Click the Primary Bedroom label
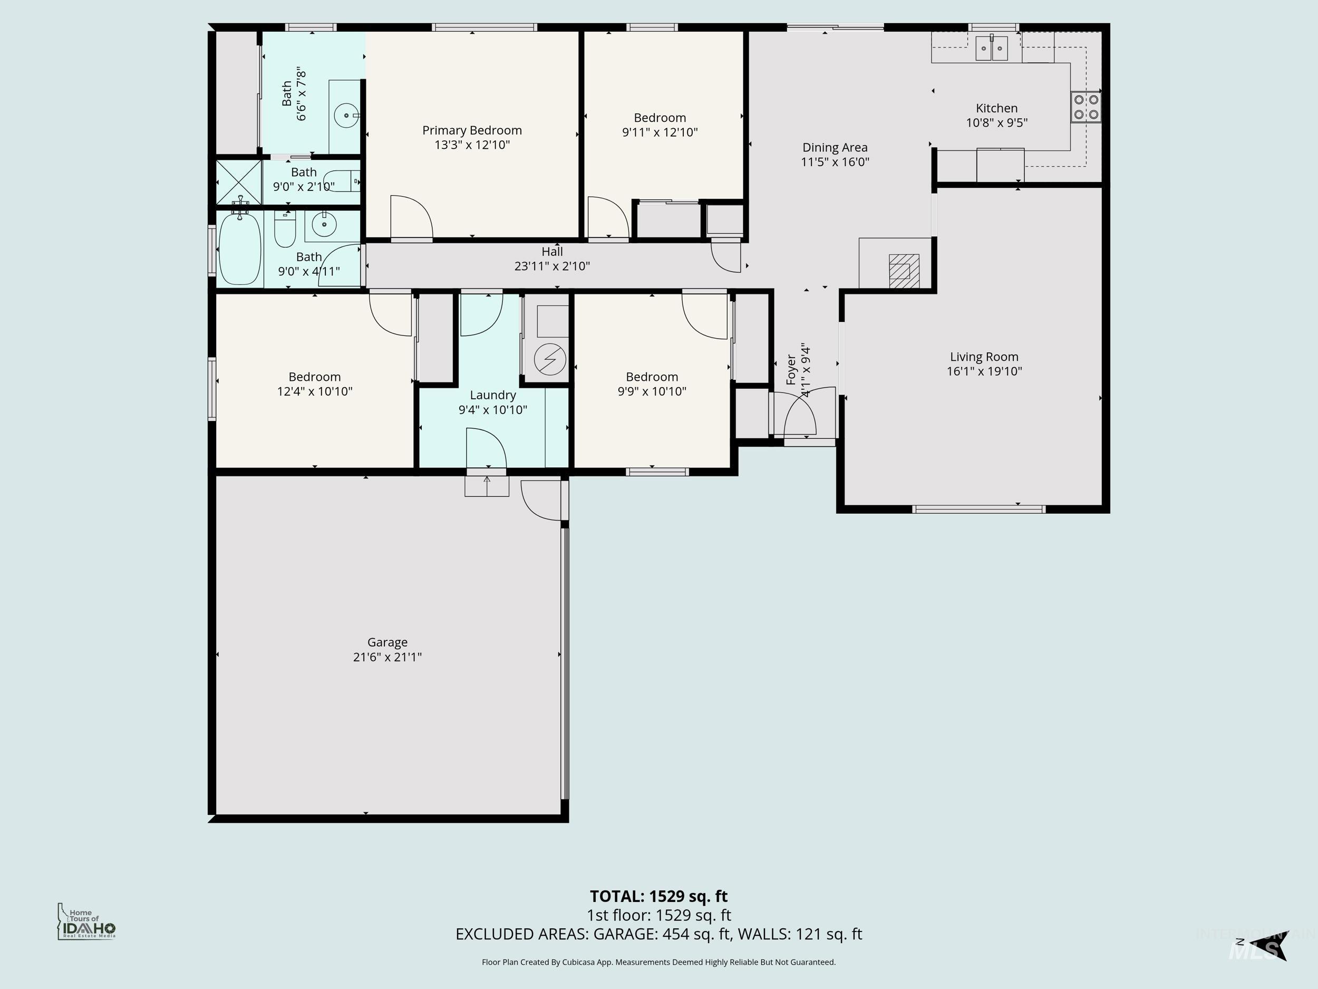pos(472,130)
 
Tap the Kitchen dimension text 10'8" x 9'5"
pos(996,123)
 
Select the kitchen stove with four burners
pos(1086,107)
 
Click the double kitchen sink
pos(991,49)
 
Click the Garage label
pos(387,642)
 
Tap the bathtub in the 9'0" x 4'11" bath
pos(240,249)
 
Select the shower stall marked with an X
pos(238,182)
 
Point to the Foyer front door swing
pos(800,415)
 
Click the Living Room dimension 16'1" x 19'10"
pos(984,371)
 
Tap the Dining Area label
pos(834,147)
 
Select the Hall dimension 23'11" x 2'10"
pos(552,266)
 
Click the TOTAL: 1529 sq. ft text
pos(658,896)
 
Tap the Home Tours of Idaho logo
pos(87,922)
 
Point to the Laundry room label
pos(492,395)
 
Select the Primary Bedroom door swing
pos(411,218)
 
